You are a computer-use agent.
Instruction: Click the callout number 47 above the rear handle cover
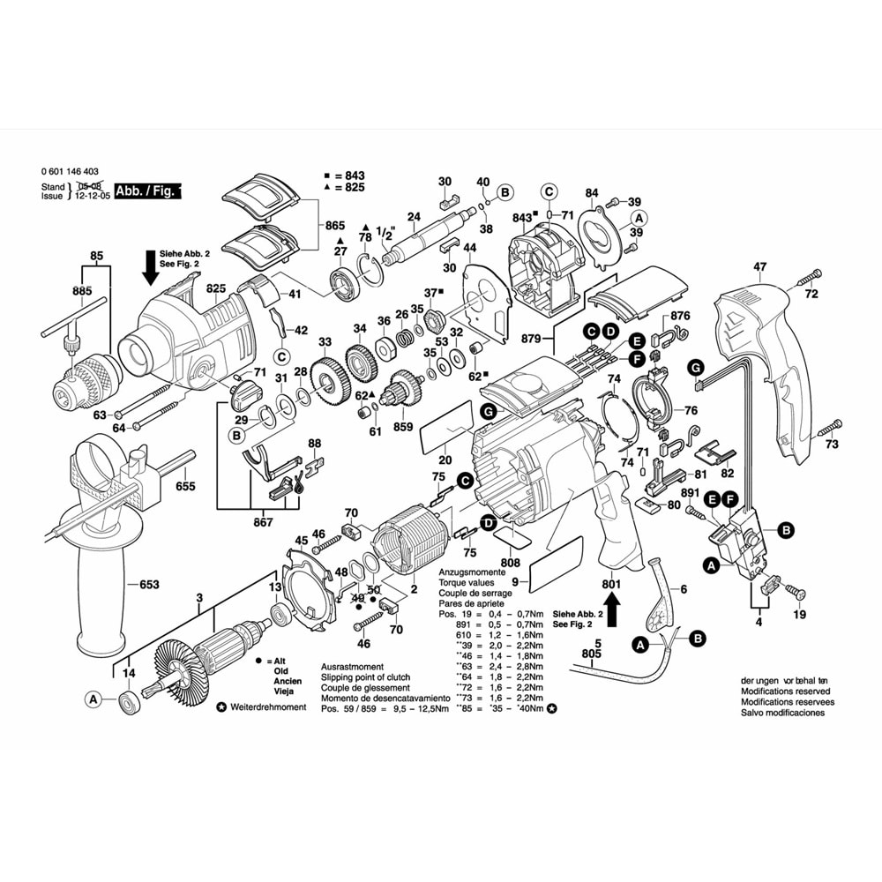pyautogui.click(x=760, y=266)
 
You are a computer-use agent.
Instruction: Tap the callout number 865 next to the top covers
pyautogui.click(x=334, y=226)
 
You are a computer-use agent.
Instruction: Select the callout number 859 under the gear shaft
pyautogui.click(x=402, y=428)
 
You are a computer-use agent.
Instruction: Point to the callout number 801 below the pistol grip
pyautogui.click(x=612, y=584)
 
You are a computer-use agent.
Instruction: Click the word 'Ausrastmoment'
pyautogui.click(x=352, y=666)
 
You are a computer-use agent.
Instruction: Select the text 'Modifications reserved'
pyautogui.click(x=786, y=691)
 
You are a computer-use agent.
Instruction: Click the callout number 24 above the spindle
pyautogui.click(x=413, y=217)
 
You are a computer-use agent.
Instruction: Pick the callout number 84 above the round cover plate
pyautogui.click(x=591, y=192)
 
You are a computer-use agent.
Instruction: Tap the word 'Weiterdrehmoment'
pyautogui.click(x=268, y=707)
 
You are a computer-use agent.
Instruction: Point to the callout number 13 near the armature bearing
pyautogui.click(x=275, y=587)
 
